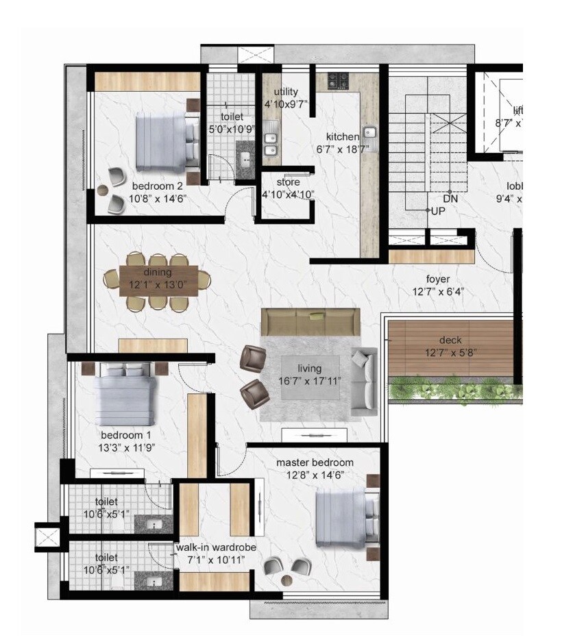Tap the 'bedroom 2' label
coord(157,186)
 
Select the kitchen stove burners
coord(338,81)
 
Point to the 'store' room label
coord(288,182)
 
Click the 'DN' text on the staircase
coord(450,198)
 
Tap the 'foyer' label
coord(437,279)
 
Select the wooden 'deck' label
coord(450,340)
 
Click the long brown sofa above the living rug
coord(310,322)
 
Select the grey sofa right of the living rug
coord(364,381)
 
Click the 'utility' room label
coord(286,92)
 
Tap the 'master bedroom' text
coord(315,462)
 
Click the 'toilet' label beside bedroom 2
coord(232,116)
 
